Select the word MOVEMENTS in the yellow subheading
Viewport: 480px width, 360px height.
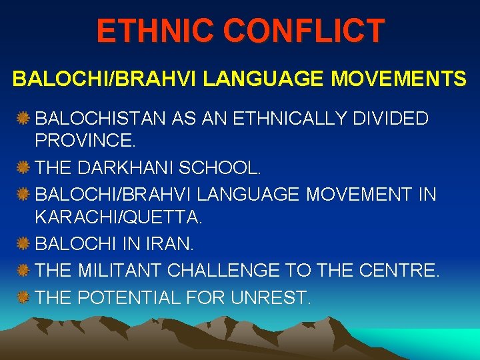pyautogui.click(x=399, y=79)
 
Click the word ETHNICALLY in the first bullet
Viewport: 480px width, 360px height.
pyautogui.click(x=274, y=119)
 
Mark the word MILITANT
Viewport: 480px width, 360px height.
pyautogui.click(x=120, y=270)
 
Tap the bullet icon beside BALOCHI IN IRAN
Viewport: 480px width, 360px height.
pyautogui.click(x=24, y=245)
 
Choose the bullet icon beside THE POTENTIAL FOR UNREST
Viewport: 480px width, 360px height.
pyautogui.click(x=24, y=296)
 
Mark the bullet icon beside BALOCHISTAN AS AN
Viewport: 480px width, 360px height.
pyautogui.click(x=24, y=119)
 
